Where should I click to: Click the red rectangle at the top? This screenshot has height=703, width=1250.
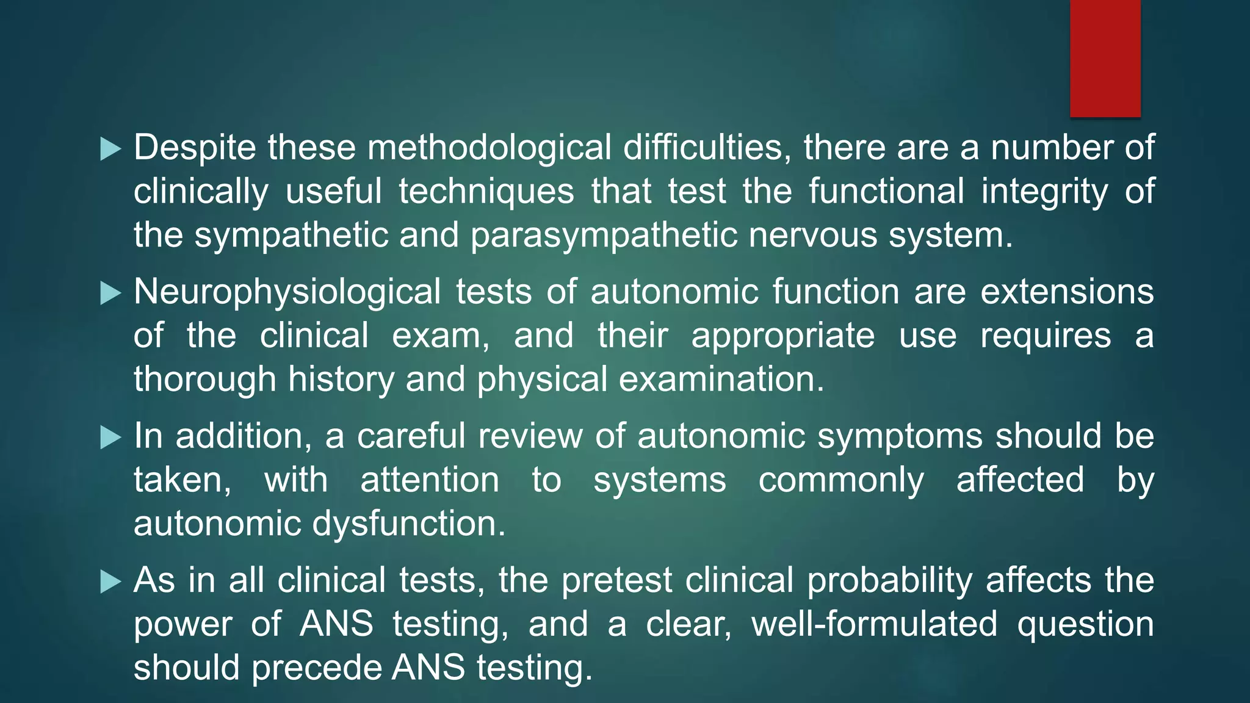click(1105, 58)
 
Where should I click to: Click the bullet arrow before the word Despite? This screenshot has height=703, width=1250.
click(110, 149)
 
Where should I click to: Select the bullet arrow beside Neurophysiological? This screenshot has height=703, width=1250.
click(110, 293)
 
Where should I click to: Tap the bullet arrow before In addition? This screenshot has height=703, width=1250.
click(110, 437)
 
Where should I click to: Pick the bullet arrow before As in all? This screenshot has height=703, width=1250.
click(110, 581)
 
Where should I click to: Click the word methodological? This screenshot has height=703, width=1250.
click(489, 148)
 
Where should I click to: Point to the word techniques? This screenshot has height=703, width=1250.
click(486, 192)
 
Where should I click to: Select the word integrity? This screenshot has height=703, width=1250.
click(1044, 192)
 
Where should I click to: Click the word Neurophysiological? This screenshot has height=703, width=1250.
click(287, 292)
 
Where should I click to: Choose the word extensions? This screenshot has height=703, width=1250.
click(1067, 292)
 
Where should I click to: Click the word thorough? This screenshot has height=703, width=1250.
click(205, 380)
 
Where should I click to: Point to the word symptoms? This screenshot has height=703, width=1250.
click(900, 436)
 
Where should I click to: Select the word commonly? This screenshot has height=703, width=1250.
click(841, 480)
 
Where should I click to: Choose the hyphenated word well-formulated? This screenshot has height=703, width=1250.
click(874, 624)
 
